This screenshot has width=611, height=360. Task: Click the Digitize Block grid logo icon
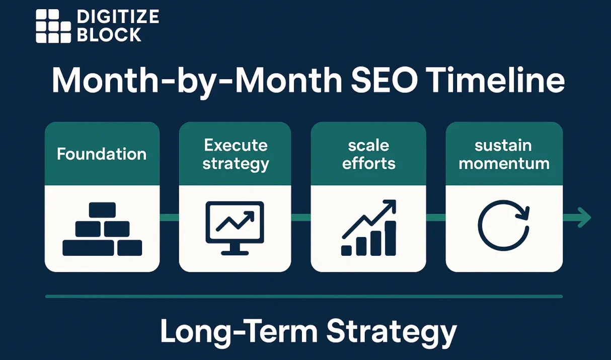(x=53, y=26)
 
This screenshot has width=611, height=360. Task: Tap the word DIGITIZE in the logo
(x=118, y=17)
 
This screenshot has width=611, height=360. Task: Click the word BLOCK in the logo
(x=109, y=35)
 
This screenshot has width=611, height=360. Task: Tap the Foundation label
(x=102, y=154)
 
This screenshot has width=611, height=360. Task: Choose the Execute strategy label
(x=235, y=155)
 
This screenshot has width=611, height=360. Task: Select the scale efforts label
(x=368, y=155)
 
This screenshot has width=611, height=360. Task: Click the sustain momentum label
(x=504, y=155)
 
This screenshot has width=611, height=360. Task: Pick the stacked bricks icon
(x=102, y=229)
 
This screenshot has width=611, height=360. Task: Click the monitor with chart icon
(x=235, y=228)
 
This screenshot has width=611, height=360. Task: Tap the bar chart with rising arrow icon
(x=369, y=228)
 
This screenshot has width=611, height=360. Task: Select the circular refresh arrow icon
(x=504, y=225)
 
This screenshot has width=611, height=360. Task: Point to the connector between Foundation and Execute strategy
(x=169, y=218)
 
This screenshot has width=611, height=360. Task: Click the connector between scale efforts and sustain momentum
(x=436, y=218)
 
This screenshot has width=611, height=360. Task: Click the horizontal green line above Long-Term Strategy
(x=304, y=297)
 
